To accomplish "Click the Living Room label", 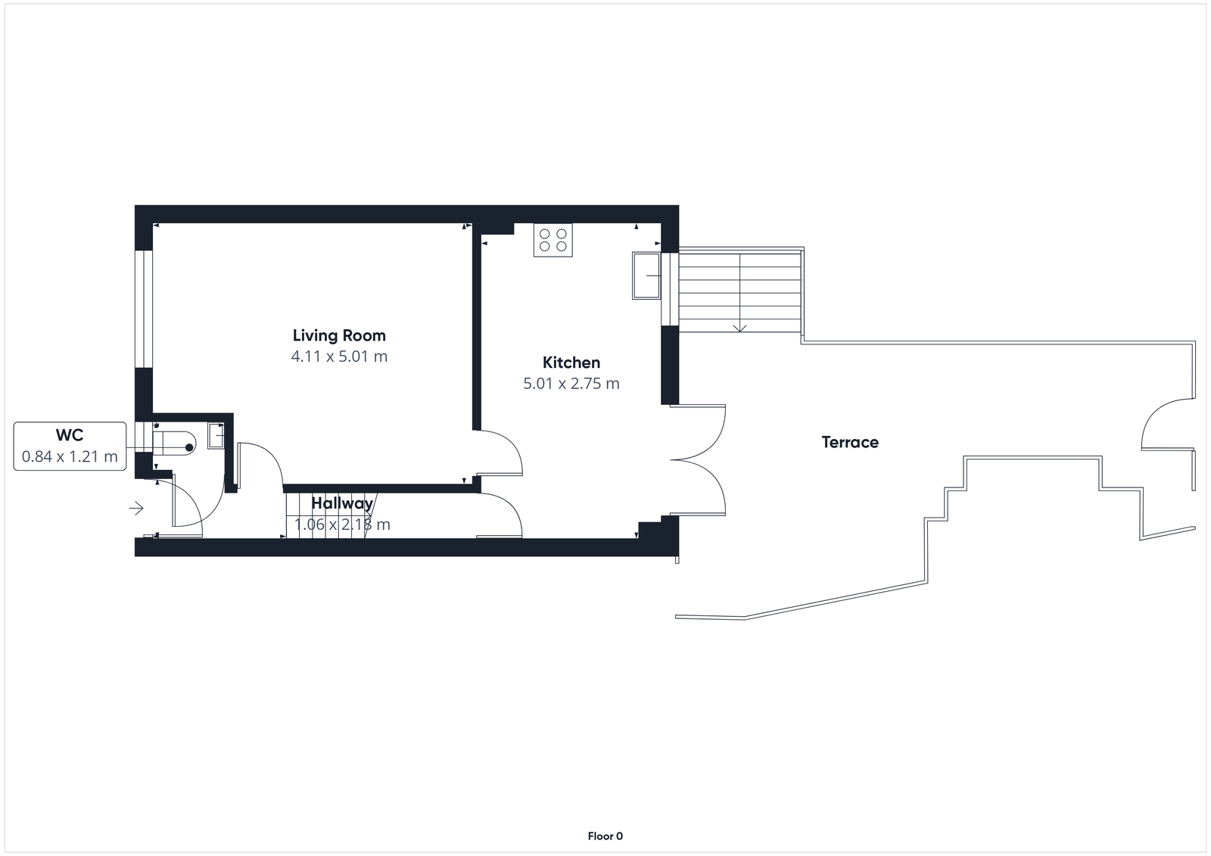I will pyautogui.click(x=339, y=335).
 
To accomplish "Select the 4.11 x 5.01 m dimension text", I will pyautogui.click(x=339, y=356).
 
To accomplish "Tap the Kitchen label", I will pyautogui.click(x=571, y=363).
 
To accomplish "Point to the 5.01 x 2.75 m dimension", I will pyautogui.click(x=571, y=384).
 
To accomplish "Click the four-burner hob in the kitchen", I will pyautogui.click(x=553, y=240).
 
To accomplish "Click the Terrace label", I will pyautogui.click(x=850, y=442).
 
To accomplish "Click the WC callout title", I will pyautogui.click(x=70, y=435).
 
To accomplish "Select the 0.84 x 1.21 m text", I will pyautogui.click(x=70, y=456).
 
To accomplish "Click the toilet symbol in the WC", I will pyautogui.click(x=176, y=442).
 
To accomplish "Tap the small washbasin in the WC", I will pyautogui.click(x=216, y=437).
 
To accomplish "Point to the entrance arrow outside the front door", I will pyautogui.click(x=136, y=509).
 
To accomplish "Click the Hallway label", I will pyautogui.click(x=342, y=503).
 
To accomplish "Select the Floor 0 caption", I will pyautogui.click(x=605, y=836).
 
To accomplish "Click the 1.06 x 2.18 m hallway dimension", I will pyautogui.click(x=342, y=524).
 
